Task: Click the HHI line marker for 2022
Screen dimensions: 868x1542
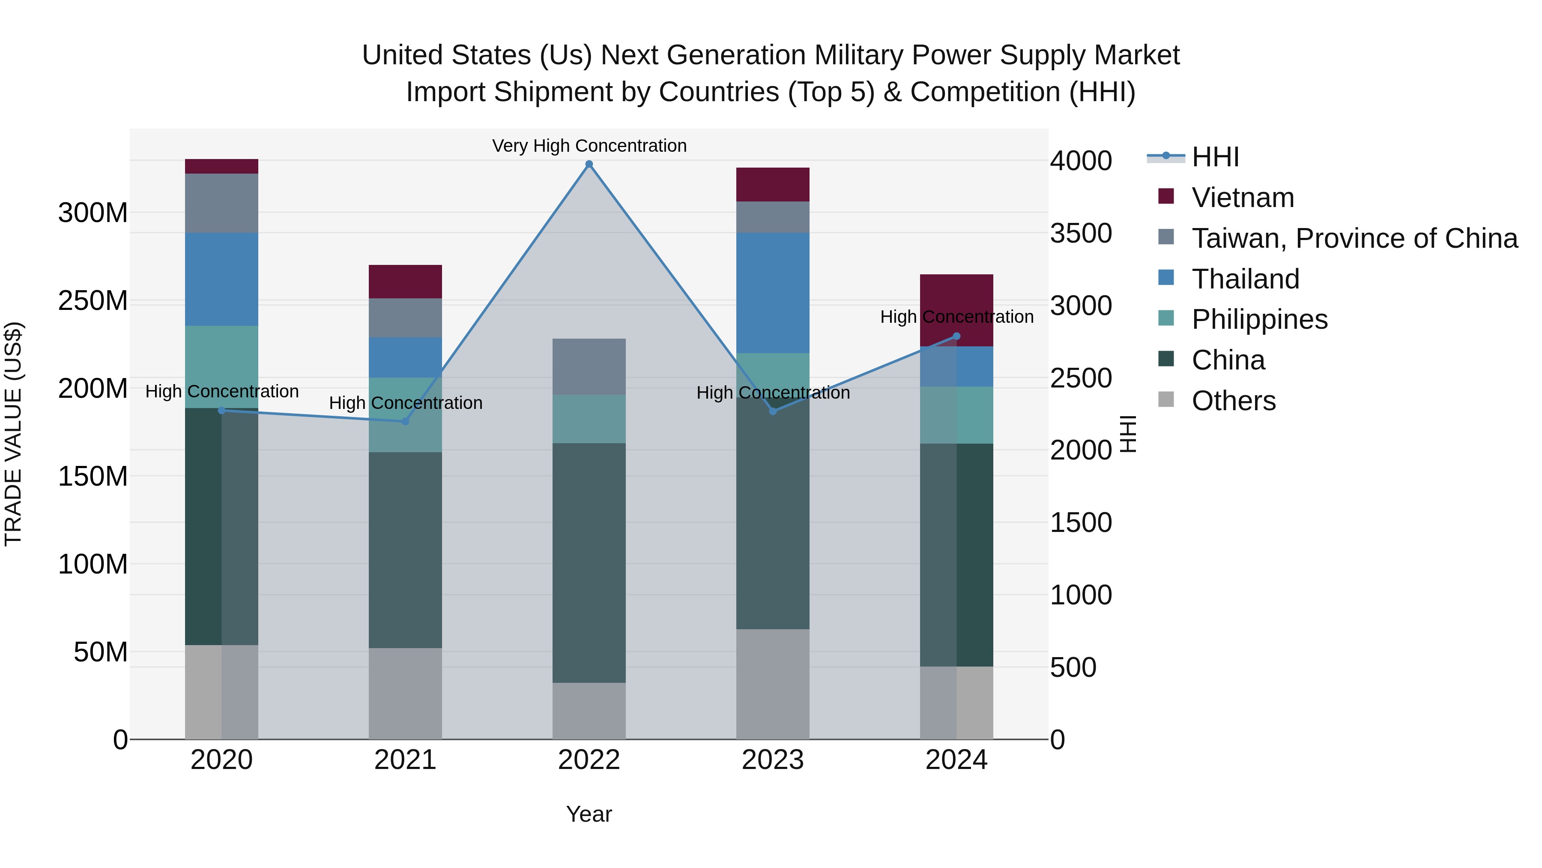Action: (589, 164)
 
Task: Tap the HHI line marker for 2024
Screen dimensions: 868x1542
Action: (956, 336)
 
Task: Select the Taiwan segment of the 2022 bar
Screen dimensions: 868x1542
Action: (589, 366)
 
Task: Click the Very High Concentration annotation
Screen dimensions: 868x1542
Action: (589, 146)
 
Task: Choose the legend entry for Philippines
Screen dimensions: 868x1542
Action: (1259, 319)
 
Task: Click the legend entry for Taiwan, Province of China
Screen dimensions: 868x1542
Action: (1354, 238)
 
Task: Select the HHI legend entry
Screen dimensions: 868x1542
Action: (1215, 157)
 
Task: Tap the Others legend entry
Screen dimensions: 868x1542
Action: (1233, 401)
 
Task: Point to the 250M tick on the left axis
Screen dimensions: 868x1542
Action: (93, 301)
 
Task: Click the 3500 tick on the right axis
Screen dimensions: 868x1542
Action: (1081, 233)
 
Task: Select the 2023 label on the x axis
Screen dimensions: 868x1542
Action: (772, 760)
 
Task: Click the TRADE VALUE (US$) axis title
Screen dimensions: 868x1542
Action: (13, 434)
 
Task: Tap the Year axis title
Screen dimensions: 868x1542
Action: (589, 814)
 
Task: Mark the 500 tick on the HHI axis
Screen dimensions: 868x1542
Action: (1073, 667)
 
